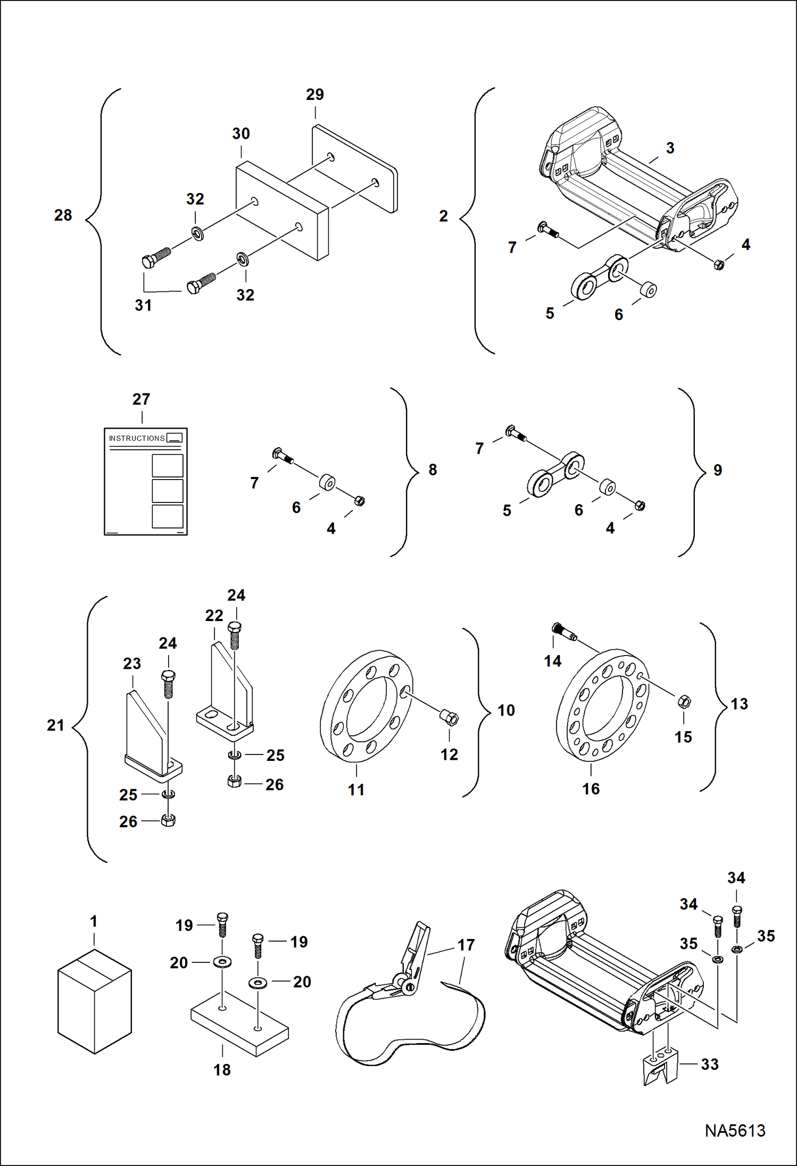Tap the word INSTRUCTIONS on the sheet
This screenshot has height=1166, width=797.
137,438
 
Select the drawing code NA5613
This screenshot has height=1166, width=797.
735,1130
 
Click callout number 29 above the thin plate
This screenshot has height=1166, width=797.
314,95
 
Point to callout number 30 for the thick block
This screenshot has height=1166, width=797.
240,133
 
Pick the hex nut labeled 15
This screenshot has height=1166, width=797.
684,702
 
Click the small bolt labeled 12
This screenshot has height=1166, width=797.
450,718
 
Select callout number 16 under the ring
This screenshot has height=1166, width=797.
591,789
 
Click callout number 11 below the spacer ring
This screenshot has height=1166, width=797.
356,790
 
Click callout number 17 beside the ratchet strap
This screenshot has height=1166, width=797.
466,945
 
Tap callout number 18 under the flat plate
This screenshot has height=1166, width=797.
222,1070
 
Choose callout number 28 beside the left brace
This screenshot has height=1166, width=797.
63,215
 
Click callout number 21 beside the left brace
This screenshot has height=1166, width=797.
55,725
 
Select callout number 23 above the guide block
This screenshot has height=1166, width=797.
132,664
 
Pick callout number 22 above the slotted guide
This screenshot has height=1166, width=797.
214,616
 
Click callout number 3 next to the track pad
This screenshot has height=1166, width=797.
670,148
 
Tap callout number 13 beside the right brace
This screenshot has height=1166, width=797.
739,704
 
